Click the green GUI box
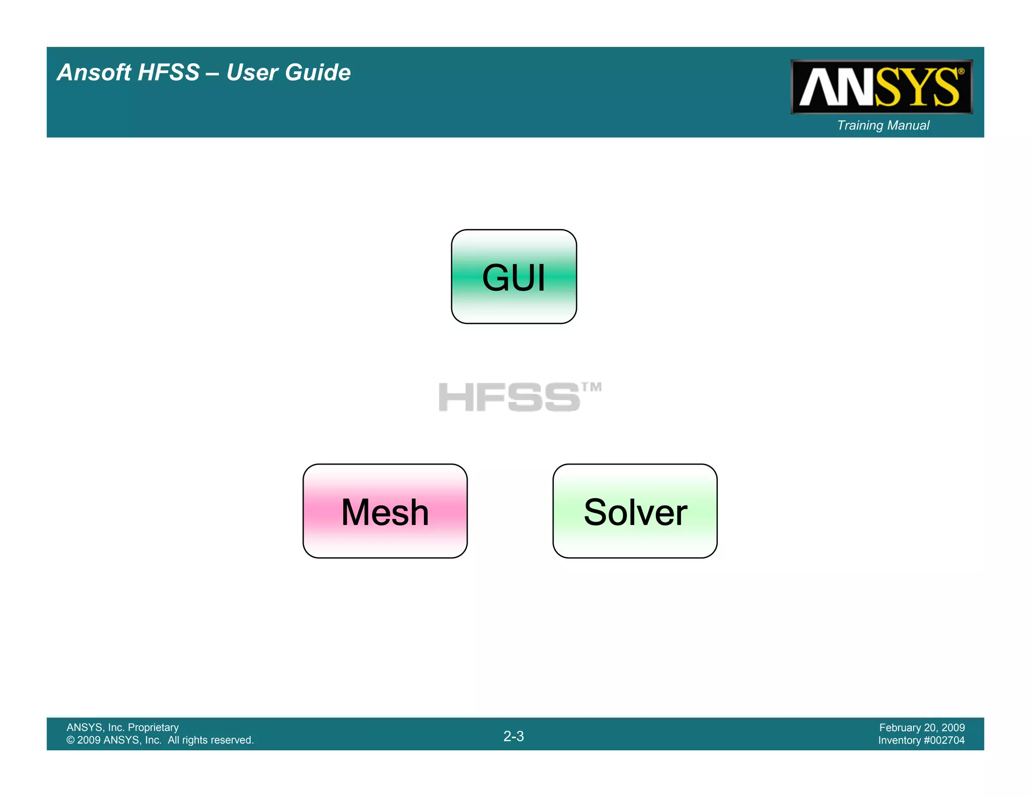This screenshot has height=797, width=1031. pos(513,277)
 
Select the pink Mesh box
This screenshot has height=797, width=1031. pos(385,511)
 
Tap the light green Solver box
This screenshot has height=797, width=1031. pos(635,511)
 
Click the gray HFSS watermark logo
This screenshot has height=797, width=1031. pos(509,397)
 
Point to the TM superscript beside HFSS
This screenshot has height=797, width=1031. pos(592,387)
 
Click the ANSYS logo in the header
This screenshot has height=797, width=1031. pos(881,87)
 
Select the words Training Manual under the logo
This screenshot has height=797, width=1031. pos(883,125)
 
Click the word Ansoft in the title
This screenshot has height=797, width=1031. pos(94,73)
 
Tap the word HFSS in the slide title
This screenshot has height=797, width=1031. pos(168,73)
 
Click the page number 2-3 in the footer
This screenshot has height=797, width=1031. pos(513,736)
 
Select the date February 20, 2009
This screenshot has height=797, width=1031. pos(922,727)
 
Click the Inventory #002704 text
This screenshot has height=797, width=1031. pos(921,740)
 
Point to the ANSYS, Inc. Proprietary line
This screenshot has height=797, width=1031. pos(122,727)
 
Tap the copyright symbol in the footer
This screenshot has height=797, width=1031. pos(70,740)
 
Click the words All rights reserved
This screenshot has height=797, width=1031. pos(210,740)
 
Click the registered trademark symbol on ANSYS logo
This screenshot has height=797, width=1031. pos(961,72)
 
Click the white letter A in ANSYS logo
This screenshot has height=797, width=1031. pos(818,88)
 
